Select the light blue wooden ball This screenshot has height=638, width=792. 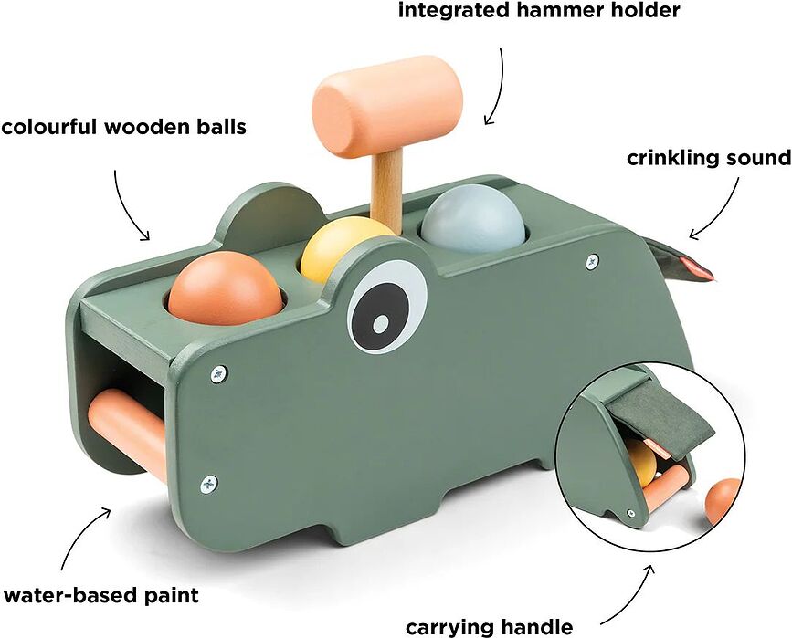(x=472, y=219)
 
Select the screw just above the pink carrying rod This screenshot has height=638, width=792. (x=217, y=373)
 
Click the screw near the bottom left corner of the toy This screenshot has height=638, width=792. (x=209, y=482)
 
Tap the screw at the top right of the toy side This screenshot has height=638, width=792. (x=592, y=261)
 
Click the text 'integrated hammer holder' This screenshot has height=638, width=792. (x=539, y=12)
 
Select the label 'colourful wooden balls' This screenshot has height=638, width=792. (x=124, y=127)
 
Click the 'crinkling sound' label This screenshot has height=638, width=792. (x=708, y=158)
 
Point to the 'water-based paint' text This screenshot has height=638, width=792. (x=100, y=596)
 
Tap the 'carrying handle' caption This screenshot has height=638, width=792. (x=489, y=626)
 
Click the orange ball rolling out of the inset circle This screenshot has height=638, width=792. (x=723, y=500)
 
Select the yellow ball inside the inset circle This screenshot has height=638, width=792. (x=642, y=462)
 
